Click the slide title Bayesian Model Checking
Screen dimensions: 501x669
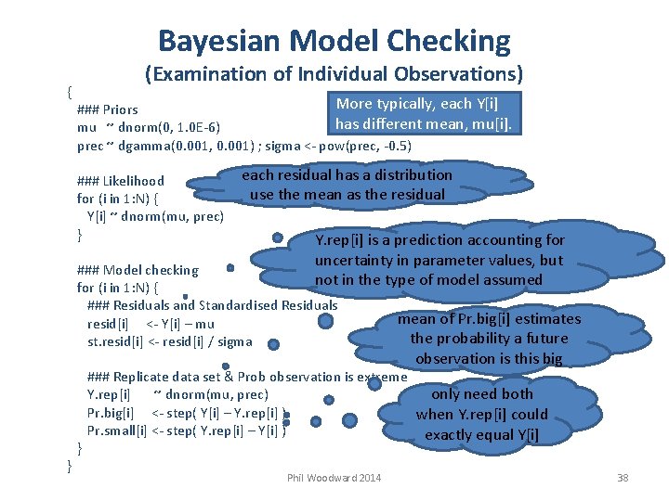coord(334,41)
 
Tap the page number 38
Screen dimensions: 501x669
coord(623,478)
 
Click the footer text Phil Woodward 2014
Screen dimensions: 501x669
coord(334,478)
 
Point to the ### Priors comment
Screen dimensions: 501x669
coord(108,109)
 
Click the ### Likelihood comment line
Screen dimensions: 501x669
coord(121,181)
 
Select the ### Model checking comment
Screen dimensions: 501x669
coord(138,270)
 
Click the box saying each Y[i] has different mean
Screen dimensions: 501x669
coord(424,114)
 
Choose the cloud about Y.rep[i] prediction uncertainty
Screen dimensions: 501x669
coord(439,260)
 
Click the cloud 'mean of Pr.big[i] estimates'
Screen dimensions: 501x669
coord(489,339)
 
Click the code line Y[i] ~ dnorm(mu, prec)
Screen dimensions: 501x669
coord(155,216)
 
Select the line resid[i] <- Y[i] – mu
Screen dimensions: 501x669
coord(151,324)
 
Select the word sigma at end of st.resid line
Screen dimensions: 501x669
coord(235,341)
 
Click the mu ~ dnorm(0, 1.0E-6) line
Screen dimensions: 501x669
coord(149,127)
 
